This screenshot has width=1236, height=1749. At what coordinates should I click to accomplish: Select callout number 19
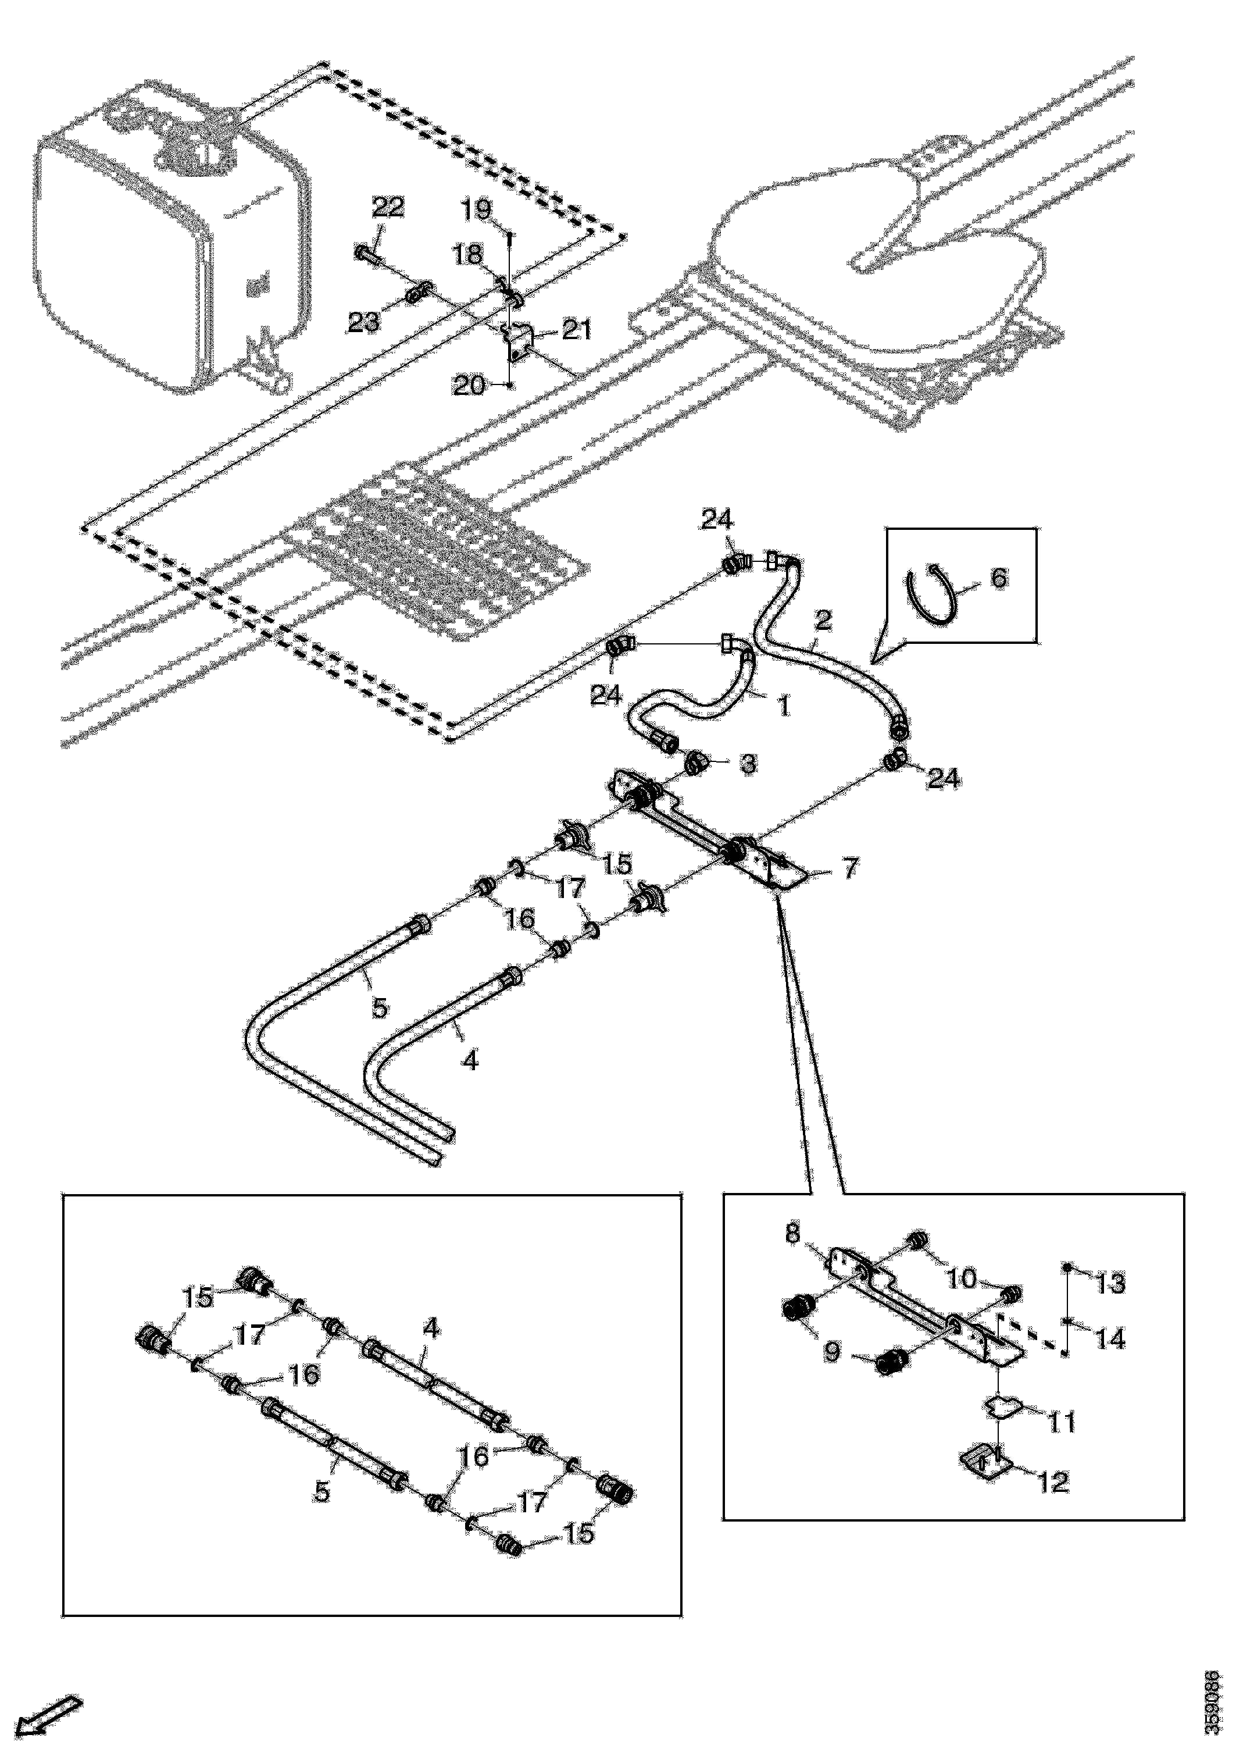coord(477,209)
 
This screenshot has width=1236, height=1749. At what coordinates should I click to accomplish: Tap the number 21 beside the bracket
coord(577,330)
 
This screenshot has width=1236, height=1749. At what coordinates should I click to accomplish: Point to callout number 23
coord(363,322)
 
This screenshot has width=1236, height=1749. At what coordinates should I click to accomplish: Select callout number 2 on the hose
coord(823,620)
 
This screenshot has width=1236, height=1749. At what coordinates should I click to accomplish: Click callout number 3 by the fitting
coord(749,764)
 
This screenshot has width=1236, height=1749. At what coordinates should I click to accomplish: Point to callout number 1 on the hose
coord(783,706)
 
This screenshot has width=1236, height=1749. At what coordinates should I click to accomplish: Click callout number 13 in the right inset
coord(1110,1284)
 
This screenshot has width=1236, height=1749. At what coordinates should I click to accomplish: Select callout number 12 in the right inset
coord(1053,1481)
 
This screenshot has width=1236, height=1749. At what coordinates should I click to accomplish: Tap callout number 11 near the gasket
coord(1062,1422)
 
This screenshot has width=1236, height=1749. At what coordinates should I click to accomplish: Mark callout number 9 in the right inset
coord(833,1352)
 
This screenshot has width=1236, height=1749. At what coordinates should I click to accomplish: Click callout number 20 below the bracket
coord(469,386)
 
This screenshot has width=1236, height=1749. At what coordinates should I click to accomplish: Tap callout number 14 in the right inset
coord(1110,1338)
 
